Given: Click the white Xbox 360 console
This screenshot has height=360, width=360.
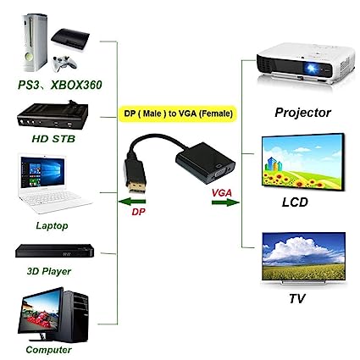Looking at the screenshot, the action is click(35, 42).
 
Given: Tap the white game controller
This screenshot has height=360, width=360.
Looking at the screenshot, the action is click(64, 64).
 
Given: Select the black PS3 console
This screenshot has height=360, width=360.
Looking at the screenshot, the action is click(70, 40).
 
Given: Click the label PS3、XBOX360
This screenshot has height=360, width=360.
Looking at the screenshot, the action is click(59, 85).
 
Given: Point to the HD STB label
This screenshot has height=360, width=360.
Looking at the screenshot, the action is click(53, 139).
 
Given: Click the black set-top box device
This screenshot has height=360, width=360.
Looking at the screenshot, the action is click(53, 115).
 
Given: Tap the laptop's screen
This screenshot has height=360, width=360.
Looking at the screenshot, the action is click(42, 172).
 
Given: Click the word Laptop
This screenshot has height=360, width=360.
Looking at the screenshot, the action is click(52, 225).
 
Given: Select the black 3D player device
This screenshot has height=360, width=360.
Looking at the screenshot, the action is click(54, 251).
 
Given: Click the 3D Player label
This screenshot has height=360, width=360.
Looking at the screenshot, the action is click(49, 271).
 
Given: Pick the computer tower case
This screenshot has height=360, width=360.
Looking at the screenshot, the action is click(75, 316).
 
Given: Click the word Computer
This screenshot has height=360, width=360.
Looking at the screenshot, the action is click(48, 350).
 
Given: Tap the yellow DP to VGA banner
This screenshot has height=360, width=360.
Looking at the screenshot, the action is click(177, 114).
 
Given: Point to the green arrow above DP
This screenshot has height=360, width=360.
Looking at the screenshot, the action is click(132, 202).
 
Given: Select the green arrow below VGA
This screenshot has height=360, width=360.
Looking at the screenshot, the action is click(225, 202).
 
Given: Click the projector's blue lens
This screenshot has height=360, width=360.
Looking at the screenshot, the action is click(312, 68).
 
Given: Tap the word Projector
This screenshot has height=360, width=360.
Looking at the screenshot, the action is click(302, 113).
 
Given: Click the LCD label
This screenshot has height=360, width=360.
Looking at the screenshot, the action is click(295, 202).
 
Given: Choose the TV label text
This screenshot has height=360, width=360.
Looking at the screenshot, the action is click(297, 299).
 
